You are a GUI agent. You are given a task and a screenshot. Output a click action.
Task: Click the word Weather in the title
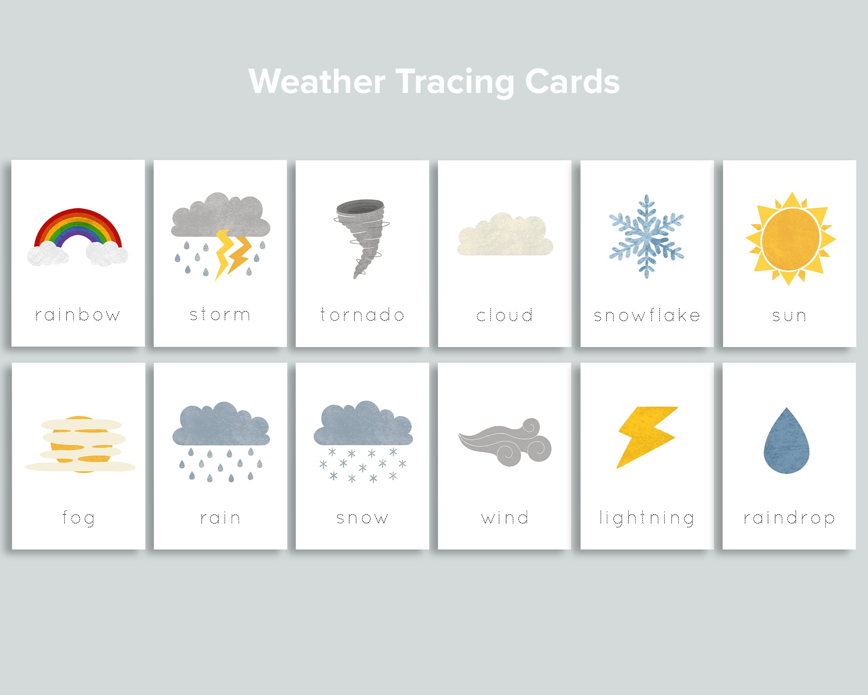click(x=317, y=82)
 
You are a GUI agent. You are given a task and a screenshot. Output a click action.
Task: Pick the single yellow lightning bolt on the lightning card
click(x=647, y=437)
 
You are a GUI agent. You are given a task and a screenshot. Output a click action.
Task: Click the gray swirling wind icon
click(x=506, y=443)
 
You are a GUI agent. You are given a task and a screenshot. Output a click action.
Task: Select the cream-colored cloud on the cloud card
click(x=505, y=236)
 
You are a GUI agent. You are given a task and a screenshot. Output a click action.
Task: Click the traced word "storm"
click(x=220, y=314)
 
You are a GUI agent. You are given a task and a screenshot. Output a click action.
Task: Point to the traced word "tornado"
click(x=362, y=314)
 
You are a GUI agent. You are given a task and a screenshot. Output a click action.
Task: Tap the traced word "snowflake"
click(x=647, y=315)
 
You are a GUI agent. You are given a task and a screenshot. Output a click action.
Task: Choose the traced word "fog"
click(x=79, y=518)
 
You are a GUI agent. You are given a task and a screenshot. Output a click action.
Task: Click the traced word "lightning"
click(x=647, y=518)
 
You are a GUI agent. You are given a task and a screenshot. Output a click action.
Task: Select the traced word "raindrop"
click(x=789, y=518)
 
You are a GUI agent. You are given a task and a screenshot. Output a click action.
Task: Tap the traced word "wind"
click(x=505, y=517)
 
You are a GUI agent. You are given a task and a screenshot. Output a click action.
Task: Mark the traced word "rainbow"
click(x=78, y=314)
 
